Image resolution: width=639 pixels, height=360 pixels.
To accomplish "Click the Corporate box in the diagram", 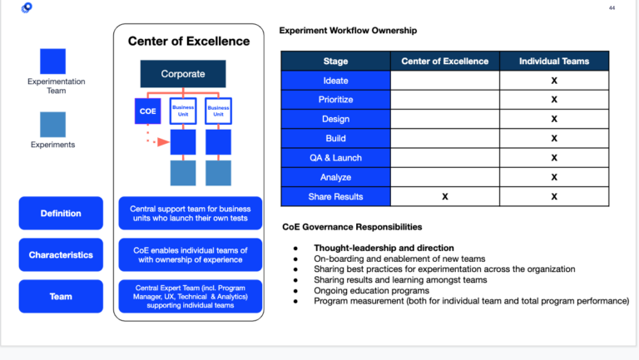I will click(183, 74).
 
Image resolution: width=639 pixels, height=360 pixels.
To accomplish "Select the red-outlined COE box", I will click(147, 111).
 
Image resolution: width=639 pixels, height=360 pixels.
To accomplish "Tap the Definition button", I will click(61, 214).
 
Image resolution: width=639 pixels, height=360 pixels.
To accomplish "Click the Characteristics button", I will click(61, 254).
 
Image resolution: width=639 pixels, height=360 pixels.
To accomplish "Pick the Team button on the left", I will click(61, 296).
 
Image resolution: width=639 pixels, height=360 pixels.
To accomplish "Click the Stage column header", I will click(335, 61).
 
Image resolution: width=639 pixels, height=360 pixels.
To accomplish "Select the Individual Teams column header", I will click(553, 61).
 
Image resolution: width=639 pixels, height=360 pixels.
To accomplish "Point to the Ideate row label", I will click(335, 81).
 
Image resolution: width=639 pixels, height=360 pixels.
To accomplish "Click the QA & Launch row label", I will click(335, 158).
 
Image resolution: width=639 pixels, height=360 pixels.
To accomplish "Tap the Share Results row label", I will click(335, 196).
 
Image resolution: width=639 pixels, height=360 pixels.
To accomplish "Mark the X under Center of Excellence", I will click(445, 197).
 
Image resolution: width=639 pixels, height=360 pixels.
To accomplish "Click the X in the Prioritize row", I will click(553, 100).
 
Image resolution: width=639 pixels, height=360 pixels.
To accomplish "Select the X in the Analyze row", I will click(553, 177).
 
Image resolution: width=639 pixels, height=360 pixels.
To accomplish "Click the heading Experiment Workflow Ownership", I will click(348, 31).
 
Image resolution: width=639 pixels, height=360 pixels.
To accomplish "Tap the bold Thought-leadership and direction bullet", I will click(384, 248).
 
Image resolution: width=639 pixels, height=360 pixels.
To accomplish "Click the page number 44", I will click(612, 7).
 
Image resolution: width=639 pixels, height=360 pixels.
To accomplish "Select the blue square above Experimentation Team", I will click(52, 62).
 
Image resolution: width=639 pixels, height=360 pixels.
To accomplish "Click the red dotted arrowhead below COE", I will click(164, 142).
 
